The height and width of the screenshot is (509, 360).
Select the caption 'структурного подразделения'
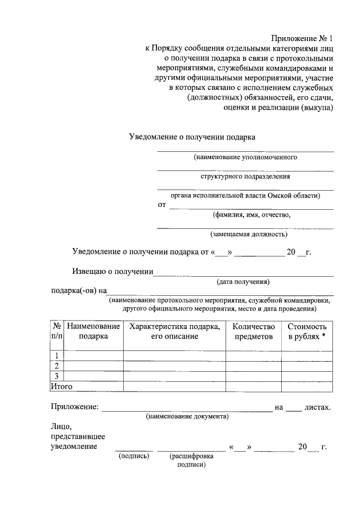245,176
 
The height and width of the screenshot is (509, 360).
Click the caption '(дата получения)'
244,281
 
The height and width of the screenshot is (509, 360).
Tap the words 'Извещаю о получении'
113,272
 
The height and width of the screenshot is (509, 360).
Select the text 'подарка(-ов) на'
79,291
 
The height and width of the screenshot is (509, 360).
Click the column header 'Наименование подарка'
93,331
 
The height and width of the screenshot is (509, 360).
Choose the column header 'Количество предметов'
253,331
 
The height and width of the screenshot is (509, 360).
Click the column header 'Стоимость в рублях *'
307,331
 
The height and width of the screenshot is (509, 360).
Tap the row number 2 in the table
57,366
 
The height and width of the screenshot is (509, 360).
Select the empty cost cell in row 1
307,355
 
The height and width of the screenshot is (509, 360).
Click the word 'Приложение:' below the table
74,407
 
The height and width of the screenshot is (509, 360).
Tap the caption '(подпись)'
134,456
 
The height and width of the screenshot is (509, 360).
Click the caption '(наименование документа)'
187,417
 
